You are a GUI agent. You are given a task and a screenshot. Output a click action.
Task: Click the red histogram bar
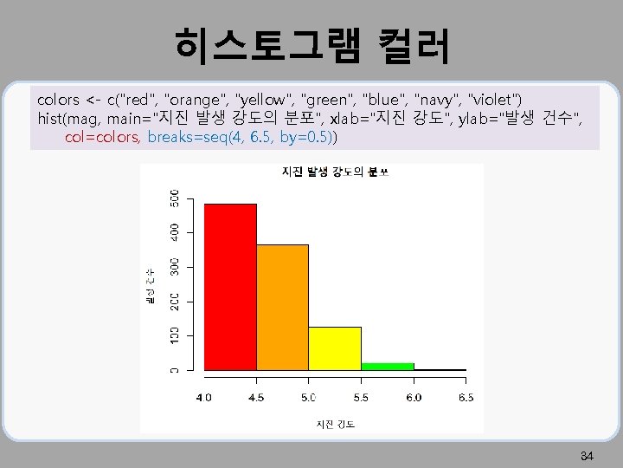pos(230,287)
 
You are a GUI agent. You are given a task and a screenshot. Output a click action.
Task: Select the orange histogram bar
pos(283,308)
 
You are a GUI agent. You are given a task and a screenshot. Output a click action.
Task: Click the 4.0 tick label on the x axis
pos(204,397)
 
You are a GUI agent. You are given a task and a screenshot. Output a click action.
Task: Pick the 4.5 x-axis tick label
pos(257,397)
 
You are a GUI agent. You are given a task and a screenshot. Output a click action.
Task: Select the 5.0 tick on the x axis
pos(309,397)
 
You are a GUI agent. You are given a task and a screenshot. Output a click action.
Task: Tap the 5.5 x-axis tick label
pos(362,397)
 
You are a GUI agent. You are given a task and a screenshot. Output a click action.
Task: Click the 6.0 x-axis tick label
pos(414,397)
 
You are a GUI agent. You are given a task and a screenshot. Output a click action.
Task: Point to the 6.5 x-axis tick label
pos(466,397)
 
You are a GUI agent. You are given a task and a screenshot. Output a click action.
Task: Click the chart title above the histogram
pos(336,172)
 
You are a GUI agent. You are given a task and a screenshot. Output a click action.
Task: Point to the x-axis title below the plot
pos(335,424)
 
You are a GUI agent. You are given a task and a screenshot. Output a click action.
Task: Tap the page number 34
pos(586,456)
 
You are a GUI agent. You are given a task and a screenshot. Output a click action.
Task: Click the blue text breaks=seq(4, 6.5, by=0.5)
pos(242,137)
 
